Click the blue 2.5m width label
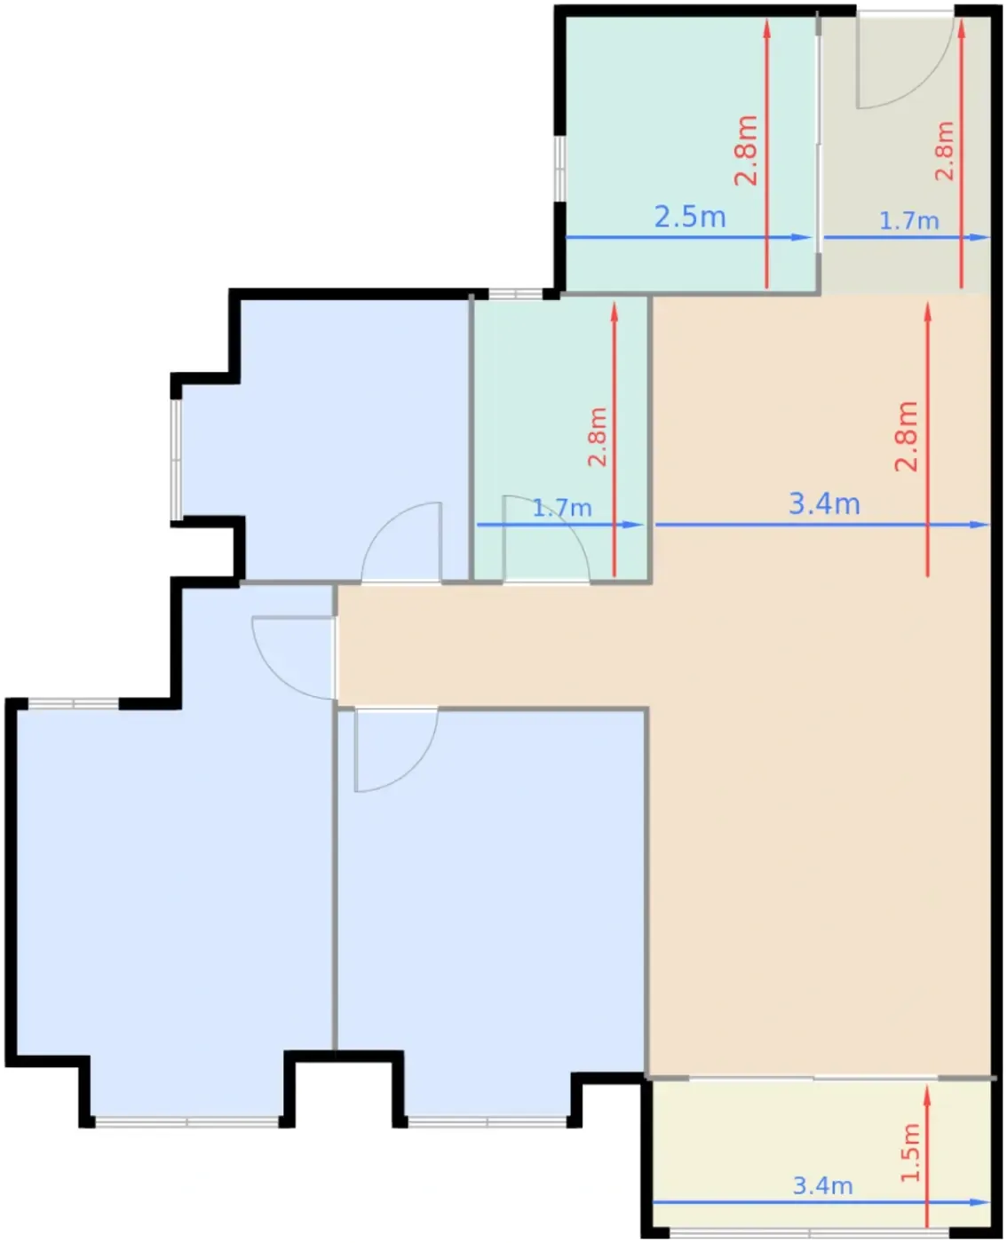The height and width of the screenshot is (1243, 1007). (x=689, y=218)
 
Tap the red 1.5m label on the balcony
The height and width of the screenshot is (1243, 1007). (x=910, y=1152)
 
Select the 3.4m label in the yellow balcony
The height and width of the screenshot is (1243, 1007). (x=822, y=1185)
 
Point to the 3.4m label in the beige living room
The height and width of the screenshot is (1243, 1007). (x=824, y=503)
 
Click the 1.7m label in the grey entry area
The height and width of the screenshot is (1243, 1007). (x=909, y=221)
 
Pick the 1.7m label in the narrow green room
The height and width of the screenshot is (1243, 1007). (x=562, y=508)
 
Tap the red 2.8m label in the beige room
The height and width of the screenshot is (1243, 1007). (x=907, y=436)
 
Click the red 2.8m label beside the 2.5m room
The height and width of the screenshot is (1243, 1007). (x=745, y=150)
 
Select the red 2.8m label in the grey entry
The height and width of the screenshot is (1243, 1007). (x=944, y=151)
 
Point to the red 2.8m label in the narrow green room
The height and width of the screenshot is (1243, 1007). (x=598, y=437)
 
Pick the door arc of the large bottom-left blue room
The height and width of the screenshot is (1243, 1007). (x=274, y=677)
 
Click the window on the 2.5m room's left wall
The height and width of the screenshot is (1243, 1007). (x=559, y=169)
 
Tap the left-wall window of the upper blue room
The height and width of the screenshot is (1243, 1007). (x=176, y=459)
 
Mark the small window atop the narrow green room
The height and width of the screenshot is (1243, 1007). (x=515, y=294)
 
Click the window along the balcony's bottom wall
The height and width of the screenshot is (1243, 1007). (x=809, y=1233)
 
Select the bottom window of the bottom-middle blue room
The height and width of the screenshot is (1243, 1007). (x=487, y=1121)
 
